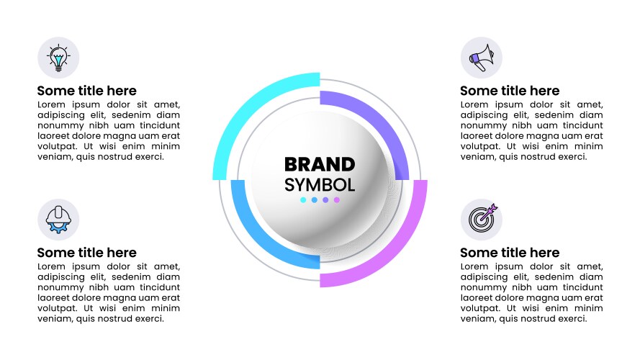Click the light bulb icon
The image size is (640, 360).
click(x=58, y=58)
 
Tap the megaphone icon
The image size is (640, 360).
click(x=482, y=58)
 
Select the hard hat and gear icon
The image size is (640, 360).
click(x=58, y=220)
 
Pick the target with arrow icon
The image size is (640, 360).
click(x=483, y=218)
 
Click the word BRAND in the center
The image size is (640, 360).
click(x=320, y=164)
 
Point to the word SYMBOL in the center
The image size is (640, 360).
click(x=320, y=185)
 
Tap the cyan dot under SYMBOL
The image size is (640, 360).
click(x=303, y=200)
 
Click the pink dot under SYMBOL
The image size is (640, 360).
click(x=337, y=200)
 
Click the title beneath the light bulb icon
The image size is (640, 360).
click(x=87, y=91)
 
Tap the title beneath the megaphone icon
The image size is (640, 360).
click(x=510, y=91)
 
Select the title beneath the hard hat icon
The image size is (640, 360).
click(x=87, y=253)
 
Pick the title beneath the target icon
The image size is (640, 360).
click(x=510, y=253)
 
